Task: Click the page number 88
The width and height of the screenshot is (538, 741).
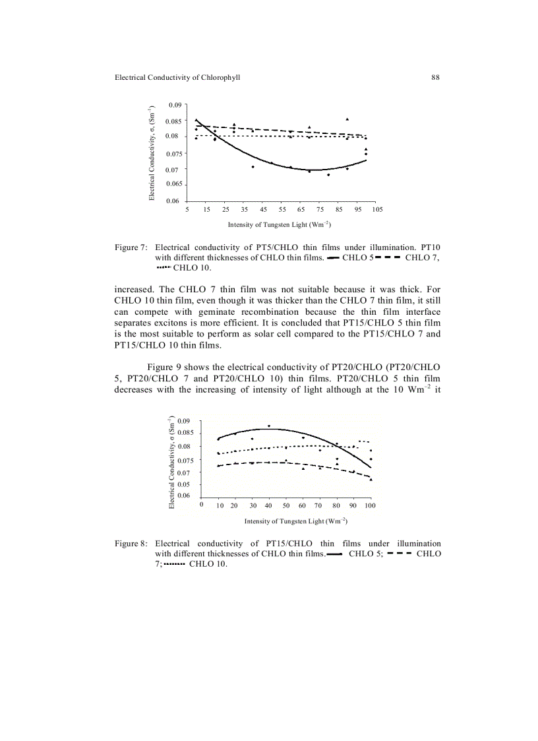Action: click(435, 77)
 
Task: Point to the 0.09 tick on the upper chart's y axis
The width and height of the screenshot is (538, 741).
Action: click(175, 105)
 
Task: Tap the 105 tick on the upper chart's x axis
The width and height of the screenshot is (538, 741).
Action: click(377, 209)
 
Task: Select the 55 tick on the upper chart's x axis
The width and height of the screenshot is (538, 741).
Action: click(282, 209)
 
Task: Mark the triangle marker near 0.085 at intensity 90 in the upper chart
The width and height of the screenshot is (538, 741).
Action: click(347, 119)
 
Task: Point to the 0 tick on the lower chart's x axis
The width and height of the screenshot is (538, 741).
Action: click(201, 505)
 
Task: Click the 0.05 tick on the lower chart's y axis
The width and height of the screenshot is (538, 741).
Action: click(185, 484)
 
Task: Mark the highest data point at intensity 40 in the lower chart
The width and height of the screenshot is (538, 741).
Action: click(269, 426)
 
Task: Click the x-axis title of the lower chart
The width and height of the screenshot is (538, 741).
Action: click(296, 521)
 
